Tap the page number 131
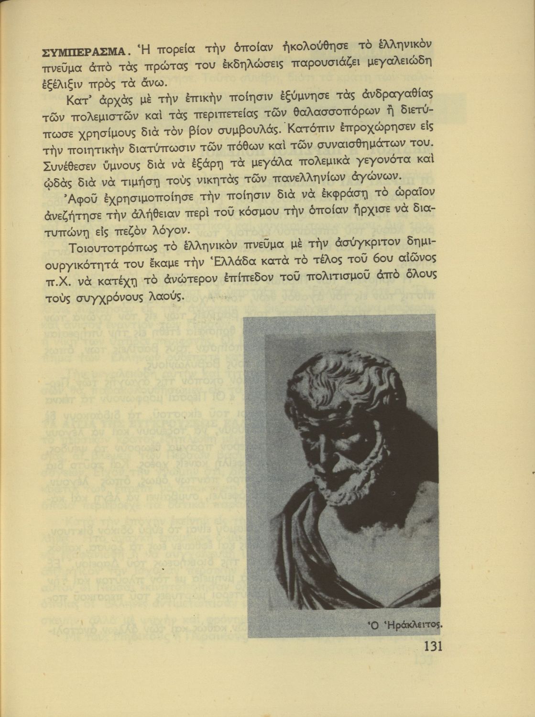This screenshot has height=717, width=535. (433, 646)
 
